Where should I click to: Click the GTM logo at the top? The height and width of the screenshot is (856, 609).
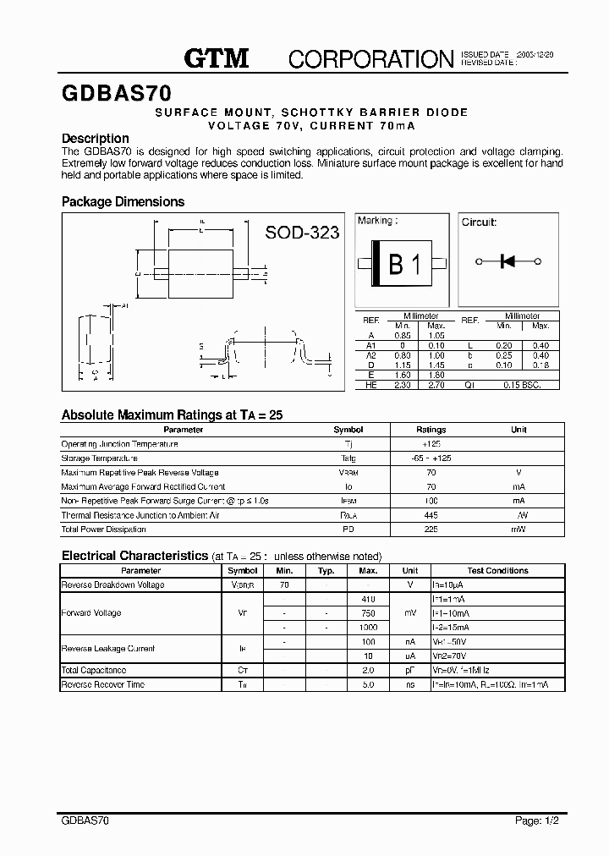pos(217,58)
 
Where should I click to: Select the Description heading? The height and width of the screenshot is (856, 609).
pos(96,139)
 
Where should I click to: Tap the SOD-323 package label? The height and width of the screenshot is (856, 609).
pos(302,232)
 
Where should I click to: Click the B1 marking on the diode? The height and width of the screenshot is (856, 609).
pos(403,265)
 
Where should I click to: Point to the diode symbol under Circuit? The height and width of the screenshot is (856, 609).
pos(508,261)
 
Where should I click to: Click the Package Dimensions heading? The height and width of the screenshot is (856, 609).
pos(123,202)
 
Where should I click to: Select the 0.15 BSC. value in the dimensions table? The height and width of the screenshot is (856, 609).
pos(521,385)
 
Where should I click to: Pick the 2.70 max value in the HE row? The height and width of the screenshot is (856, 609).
pos(436,385)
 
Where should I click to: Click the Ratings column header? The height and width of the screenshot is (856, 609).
pos(431,430)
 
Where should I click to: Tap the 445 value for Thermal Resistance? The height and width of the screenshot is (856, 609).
pos(431,515)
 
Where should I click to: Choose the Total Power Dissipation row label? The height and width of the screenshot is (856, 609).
pos(103,530)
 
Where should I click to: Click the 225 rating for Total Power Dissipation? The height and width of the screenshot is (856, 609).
pos(431,530)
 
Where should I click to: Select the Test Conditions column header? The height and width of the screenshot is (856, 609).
pos(497,571)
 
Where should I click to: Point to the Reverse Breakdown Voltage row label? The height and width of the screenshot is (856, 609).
pos(112,585)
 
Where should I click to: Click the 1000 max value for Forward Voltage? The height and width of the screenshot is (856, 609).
pos(368,627)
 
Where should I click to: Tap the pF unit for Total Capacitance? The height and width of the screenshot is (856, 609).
pos(409,670)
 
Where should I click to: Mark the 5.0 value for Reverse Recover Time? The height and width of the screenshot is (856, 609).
pos(368,684)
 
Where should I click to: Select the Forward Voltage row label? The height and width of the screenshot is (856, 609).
pos(91,613)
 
